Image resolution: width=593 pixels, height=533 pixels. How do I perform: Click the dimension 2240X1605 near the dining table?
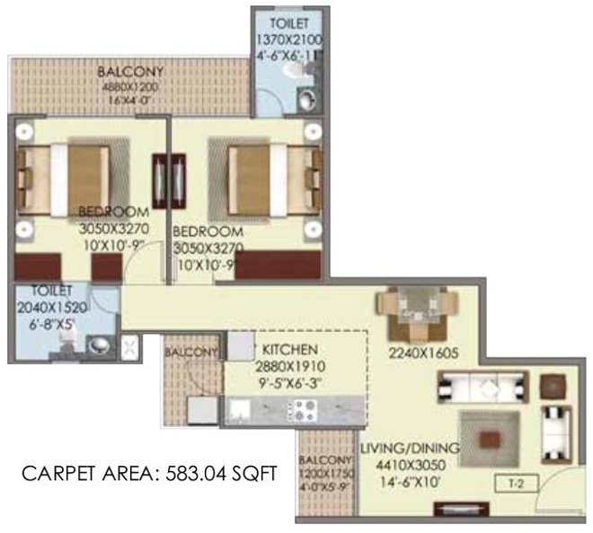(418, 352)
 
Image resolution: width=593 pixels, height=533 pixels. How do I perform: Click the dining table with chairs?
(417, 307)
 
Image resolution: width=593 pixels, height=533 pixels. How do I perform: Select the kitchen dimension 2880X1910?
(285, 366)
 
